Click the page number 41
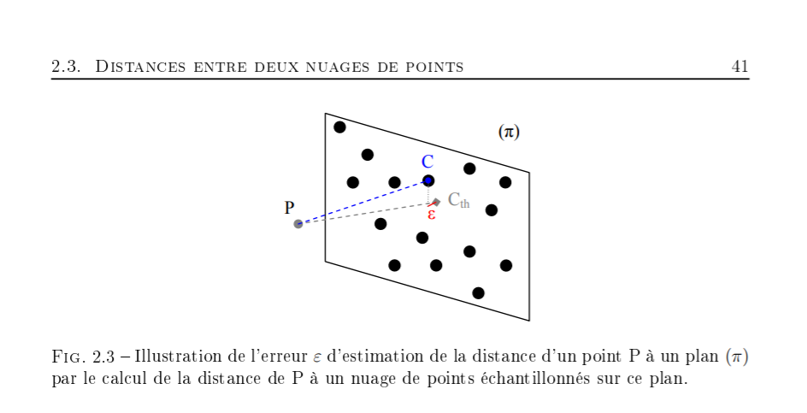[x=740, y=66]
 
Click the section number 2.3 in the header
[x=66, y=66]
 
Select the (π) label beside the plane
[x=509, y=132]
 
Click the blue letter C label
[x=427, y=162]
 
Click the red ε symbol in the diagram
[x=432, y=214]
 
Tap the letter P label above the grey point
[x=290, y=208]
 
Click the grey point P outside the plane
[x=298, y=224]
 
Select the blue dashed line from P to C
[x=363, y=202]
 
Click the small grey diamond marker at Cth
[x=436, y=203]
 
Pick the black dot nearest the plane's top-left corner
[x=339, y=127]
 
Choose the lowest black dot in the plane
[x=478, y=293]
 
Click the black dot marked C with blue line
[x=428, y=180]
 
